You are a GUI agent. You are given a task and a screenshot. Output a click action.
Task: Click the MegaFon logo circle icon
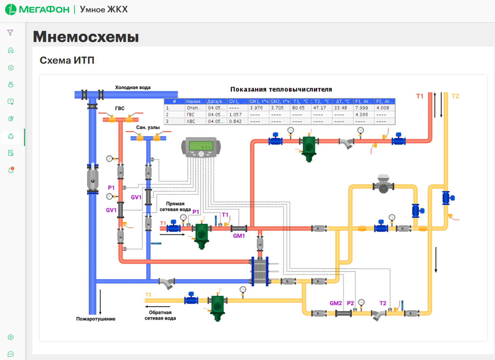(11, 9)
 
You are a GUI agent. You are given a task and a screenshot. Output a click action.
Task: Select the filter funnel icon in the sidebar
(10, 33)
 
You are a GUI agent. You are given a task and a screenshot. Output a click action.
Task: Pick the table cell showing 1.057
(235, 115)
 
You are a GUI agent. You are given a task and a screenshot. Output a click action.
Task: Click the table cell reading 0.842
(235, 121)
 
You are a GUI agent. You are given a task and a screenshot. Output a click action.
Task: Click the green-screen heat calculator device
(201, 147)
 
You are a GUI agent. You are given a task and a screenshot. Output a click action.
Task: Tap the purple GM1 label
(239, 236)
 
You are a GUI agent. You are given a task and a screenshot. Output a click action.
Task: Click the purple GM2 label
(336, 303)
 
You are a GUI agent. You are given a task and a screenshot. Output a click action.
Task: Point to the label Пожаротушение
(96, 319)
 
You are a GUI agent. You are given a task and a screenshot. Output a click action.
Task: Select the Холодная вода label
(133, 88)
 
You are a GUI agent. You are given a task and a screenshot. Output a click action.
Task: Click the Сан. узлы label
(148, 127)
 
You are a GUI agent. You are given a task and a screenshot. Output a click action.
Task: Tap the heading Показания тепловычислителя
(281, 90)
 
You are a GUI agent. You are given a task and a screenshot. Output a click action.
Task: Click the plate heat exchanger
(260, 271)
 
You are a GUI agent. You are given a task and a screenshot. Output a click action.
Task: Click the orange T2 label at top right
(455, 96)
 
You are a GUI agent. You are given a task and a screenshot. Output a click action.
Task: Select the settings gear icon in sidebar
(11, 337)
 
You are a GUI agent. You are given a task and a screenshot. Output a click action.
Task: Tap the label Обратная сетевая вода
(160, 315)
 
